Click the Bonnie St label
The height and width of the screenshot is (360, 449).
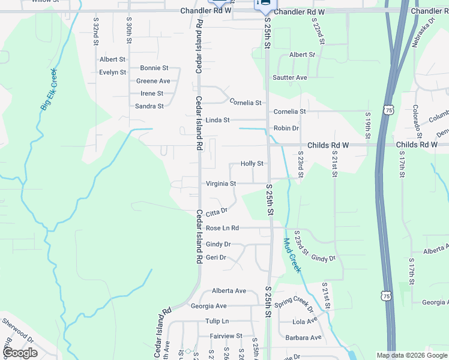click(154, 68)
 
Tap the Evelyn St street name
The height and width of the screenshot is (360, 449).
click(113, 73)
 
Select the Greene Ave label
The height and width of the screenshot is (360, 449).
click(153, 81)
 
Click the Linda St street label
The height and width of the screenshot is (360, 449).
click(217, 120)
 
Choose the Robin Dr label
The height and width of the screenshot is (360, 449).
click(286, 128)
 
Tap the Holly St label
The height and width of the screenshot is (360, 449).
click(252, 163)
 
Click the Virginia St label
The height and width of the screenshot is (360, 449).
click(221, 184)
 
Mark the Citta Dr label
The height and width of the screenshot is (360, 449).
click(217, 212)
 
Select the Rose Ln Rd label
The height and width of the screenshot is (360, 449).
click(222, 228)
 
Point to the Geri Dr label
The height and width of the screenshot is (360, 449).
click(216, 257)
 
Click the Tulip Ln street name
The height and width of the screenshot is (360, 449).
click(217, 322)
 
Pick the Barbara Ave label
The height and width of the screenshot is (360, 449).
click(303, 337)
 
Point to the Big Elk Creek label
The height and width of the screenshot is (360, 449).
click(49, 89)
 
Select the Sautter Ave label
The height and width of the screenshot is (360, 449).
click(290, 77)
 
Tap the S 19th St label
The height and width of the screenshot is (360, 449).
click(367, 124)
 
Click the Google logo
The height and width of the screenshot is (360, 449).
click(19, 353)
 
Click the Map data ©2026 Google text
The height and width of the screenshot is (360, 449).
click(411, 355)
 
